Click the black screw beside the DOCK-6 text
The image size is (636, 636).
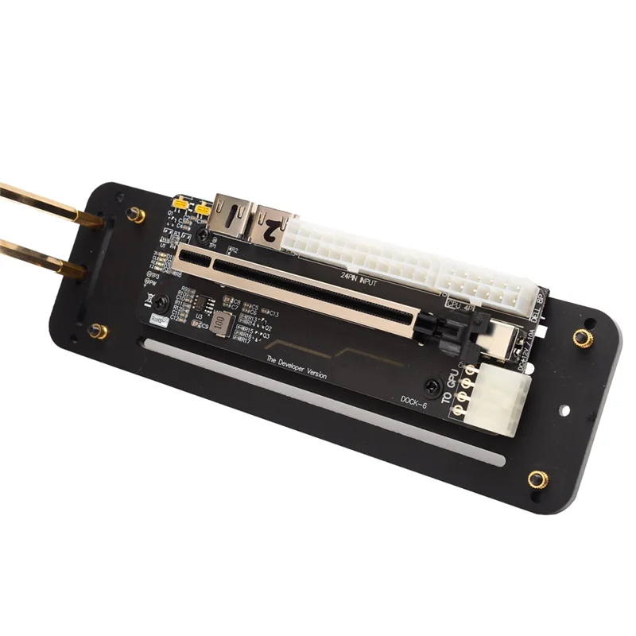point(432,386)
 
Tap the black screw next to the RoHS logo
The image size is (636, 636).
point(161,301)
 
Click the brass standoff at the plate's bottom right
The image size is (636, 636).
point(537,479)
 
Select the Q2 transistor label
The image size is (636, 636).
point(267,328)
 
